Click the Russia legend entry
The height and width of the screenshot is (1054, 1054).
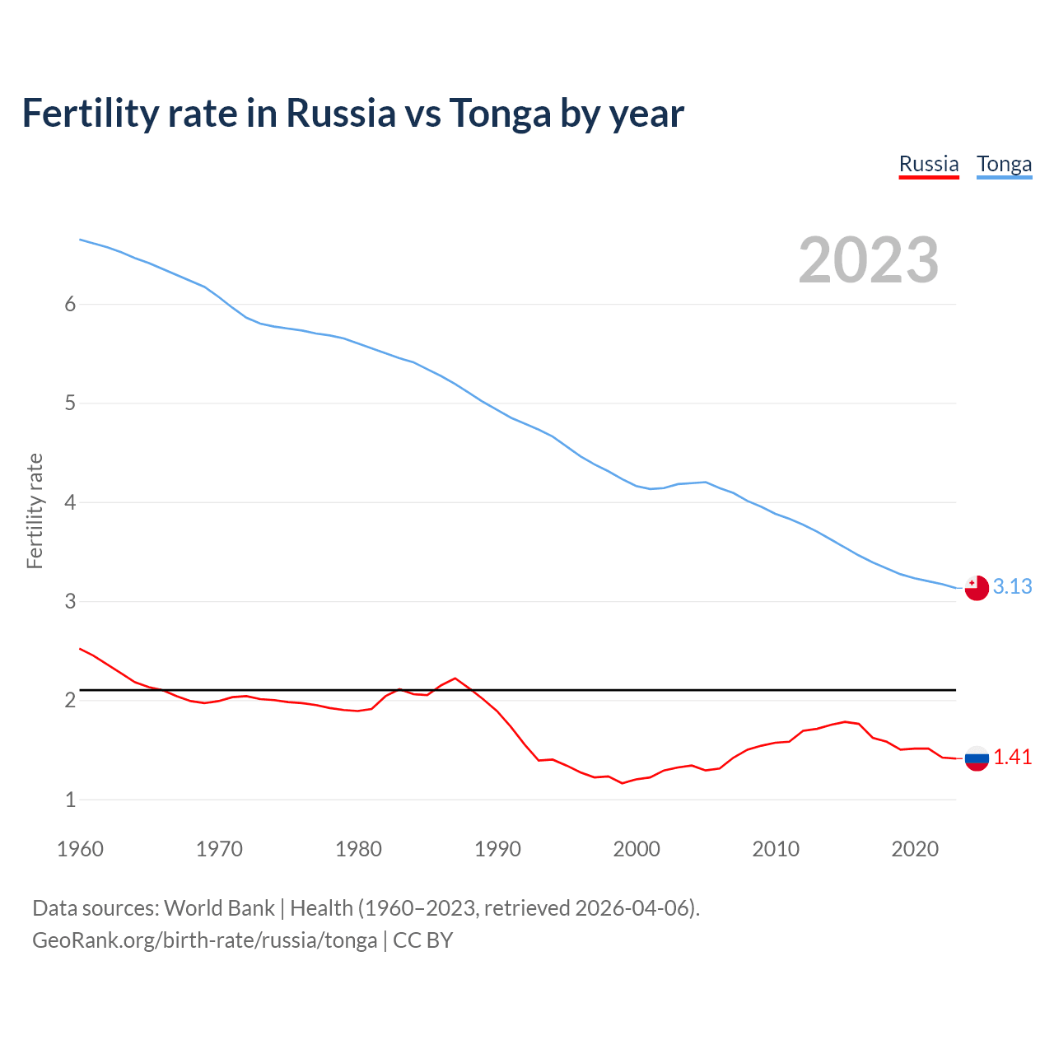point(929,164)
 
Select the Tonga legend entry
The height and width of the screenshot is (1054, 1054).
point(1004,164)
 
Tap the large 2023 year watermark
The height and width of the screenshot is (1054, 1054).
point(868,260)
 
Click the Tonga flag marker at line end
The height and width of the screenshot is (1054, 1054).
point(977,588)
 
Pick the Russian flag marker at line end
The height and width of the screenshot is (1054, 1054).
point(977,758)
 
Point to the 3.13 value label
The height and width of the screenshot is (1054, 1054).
point(1012,586)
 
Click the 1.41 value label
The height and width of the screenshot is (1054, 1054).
point(1012,757)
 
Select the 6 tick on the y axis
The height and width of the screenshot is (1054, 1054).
point(70,304)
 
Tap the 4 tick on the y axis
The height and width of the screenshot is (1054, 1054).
point(70,502)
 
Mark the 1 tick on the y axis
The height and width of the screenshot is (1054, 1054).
point(70,800)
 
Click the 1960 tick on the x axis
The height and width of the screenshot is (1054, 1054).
point(80,849)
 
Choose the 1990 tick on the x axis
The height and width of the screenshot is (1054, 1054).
point(497,849)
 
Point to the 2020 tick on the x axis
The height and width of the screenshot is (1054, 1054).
point(915,849)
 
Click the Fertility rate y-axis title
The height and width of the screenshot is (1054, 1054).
point(35,511)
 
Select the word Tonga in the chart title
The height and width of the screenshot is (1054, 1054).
point(499,114)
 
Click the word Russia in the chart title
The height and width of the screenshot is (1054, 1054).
point(340,114)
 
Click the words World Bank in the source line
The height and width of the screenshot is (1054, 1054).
point(219,907)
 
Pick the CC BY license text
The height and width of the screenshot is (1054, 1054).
point(422,940)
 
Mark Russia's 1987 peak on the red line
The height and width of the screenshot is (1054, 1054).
point(455,679)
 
